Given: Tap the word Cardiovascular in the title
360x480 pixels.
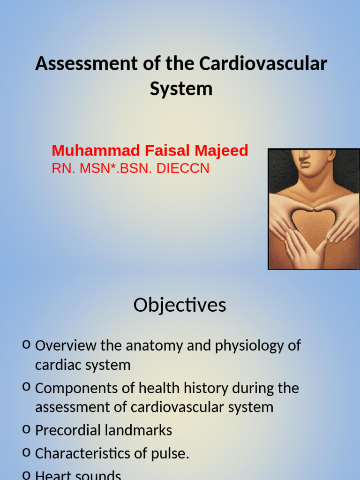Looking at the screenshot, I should tap(263, 64).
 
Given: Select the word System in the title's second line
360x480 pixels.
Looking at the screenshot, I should tap(181, 89).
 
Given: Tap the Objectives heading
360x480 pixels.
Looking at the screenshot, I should tap(180, 305).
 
